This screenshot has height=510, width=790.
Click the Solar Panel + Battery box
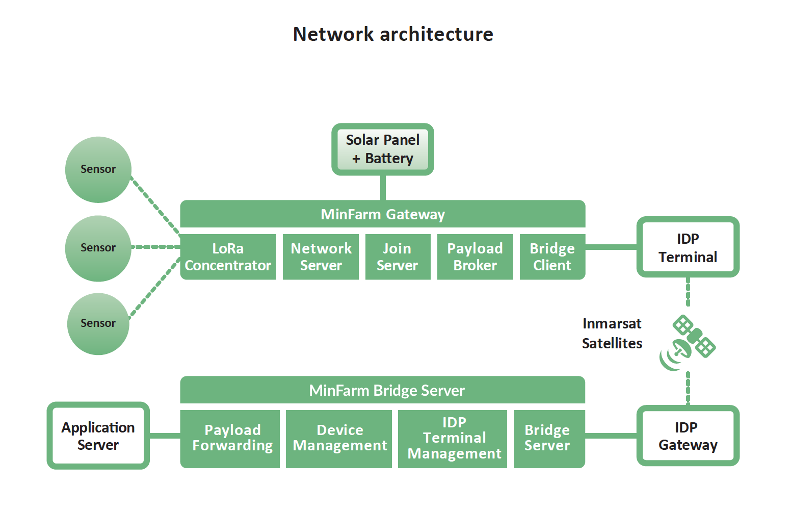coord(383,149)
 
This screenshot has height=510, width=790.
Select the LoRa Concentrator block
coord(228,257)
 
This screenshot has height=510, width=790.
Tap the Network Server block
coord(321,257)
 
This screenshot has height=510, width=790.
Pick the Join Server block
coord(398,257)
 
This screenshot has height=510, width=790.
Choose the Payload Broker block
coord(475,257)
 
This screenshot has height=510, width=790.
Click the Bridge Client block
coord(552,257)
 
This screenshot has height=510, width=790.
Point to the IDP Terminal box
coord(688,247)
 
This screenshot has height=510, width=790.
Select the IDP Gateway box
coord(688,436)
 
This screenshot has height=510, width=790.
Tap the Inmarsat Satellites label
coord(612,334)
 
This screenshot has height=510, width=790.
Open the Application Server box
coord(98,436)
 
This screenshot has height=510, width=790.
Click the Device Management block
coord(339,439)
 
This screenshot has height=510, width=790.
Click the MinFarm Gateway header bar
coord(383,214)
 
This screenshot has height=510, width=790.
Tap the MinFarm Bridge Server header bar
coord(383,391)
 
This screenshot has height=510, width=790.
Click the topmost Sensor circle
coord(98,169)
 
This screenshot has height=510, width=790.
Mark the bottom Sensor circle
coord(98,323)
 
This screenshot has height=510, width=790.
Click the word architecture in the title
coord(436,34)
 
